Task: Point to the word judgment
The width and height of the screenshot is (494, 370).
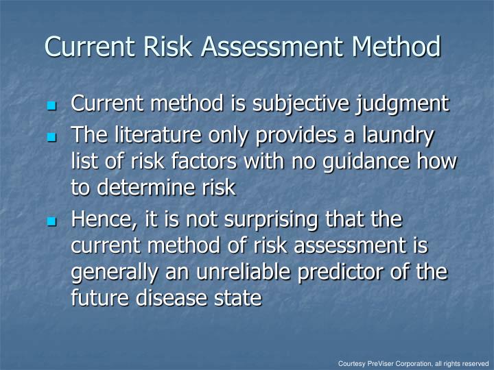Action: click(404, 104)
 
